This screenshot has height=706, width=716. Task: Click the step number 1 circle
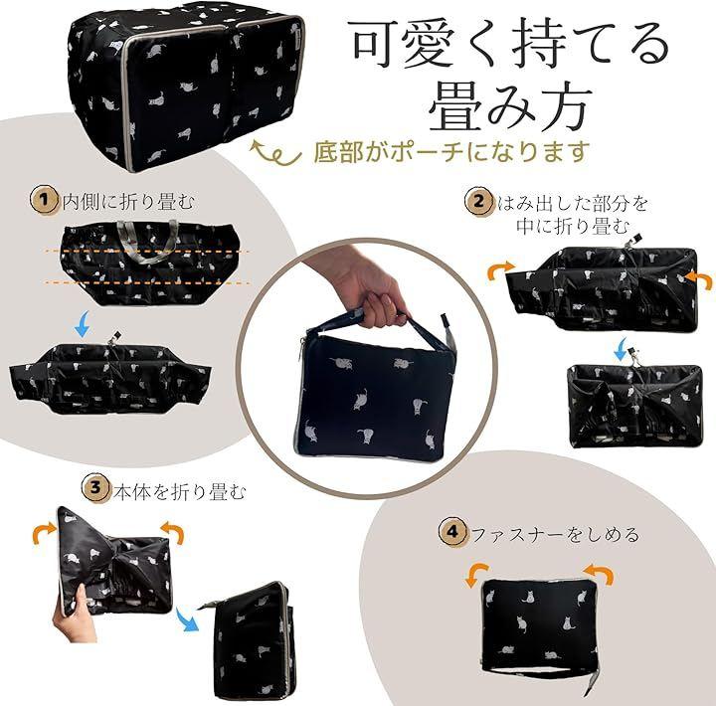[45, 200]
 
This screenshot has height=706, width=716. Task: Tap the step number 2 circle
[479, 202]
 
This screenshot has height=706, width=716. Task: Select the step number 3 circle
[95, 487]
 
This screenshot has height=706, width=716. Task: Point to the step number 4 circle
[452, 532]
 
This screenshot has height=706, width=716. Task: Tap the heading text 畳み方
[510, 107]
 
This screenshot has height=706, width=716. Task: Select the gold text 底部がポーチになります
[449, 151]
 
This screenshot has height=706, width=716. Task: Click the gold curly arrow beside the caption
[276, 154]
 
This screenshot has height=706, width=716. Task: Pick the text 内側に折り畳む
[128, 202]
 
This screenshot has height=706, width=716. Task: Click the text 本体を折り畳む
[180, 492]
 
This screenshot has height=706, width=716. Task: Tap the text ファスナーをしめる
[555, 534]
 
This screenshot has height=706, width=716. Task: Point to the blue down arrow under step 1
[84, 324]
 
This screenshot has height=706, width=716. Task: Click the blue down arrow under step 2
[621, 349]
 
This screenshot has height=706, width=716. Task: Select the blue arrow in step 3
[188, 618]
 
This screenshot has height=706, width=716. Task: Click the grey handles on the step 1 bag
[147, 242]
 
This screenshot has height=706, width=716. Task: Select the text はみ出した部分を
[573, 203]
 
